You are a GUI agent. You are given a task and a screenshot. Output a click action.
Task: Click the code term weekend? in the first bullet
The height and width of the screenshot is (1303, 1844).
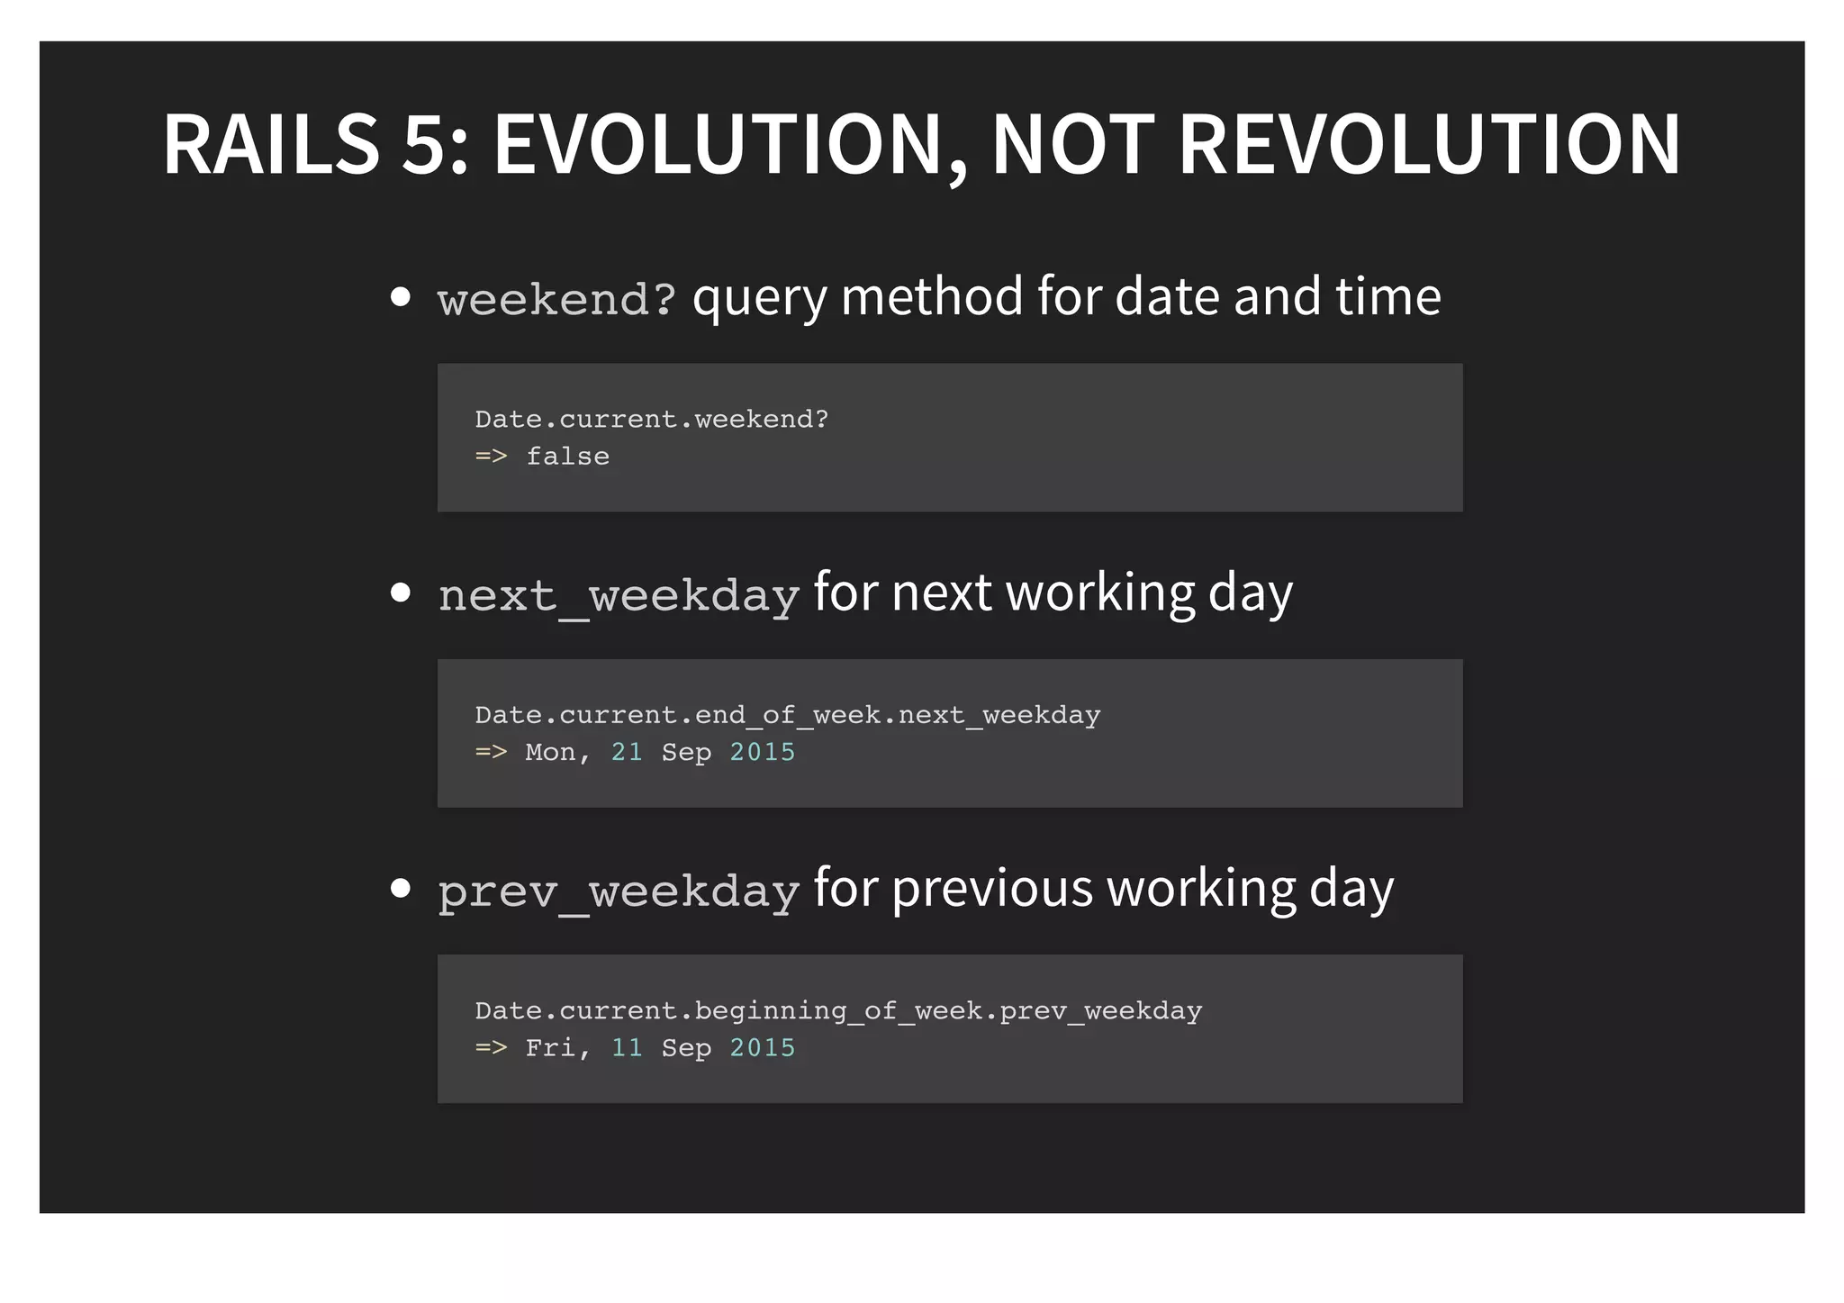pyautogui.click(x=556, y=299)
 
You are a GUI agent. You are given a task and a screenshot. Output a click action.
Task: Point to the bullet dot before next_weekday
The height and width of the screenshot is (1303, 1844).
pyautogui.click(x=401, y=593)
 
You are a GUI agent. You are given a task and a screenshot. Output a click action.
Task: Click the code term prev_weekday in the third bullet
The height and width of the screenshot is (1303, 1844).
pyautogui.click(x=619, y=891)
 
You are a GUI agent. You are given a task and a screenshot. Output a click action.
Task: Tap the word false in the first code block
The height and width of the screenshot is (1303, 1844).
pyautogui.click(x=567, y=457)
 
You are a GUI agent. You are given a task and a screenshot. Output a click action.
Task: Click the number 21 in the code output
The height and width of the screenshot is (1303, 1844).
pyautogui.click(x=627, y=752)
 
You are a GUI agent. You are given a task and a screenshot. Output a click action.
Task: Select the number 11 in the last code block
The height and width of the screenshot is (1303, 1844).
pyautogui.click(x=627, y=1047)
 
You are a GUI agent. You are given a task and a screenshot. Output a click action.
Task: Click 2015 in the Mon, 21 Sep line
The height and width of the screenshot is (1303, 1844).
pyautogui.click(x=762, y=752)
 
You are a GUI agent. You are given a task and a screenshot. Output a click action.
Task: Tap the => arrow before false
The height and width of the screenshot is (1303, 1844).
pyautogui.click(x=491, y=457)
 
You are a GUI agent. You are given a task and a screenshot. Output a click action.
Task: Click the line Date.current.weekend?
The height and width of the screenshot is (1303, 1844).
pyautogui.click(x=651, y=420)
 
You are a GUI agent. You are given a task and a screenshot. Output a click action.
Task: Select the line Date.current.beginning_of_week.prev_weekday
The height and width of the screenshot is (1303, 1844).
pyautogui.click(x=838, y=1011)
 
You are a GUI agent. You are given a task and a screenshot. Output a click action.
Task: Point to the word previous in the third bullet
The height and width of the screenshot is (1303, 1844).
pyautogui.click(x=992, y=889)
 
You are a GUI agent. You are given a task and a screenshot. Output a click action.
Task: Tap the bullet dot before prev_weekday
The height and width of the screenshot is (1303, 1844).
pyautogui.click(x=401, y=889)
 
